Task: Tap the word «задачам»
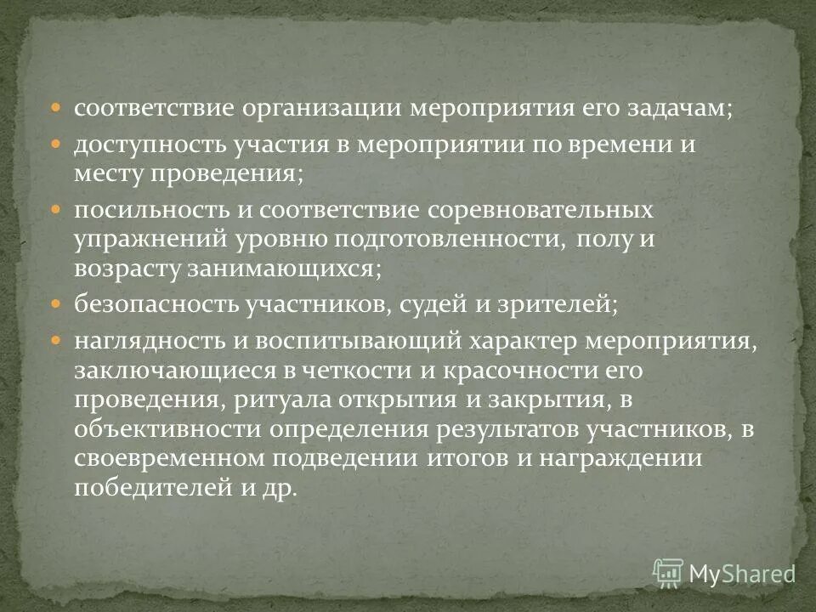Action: pyautogui.click(x=679, y=110)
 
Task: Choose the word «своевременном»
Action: pyautogui.click(x=167, y=460)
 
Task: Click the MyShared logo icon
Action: pyautogui.click(x=668, y=573)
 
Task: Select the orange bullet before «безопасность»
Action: pyautogui.click(x=56, y=303)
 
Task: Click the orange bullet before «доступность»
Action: pyautogui.click(x=56, y=142)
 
